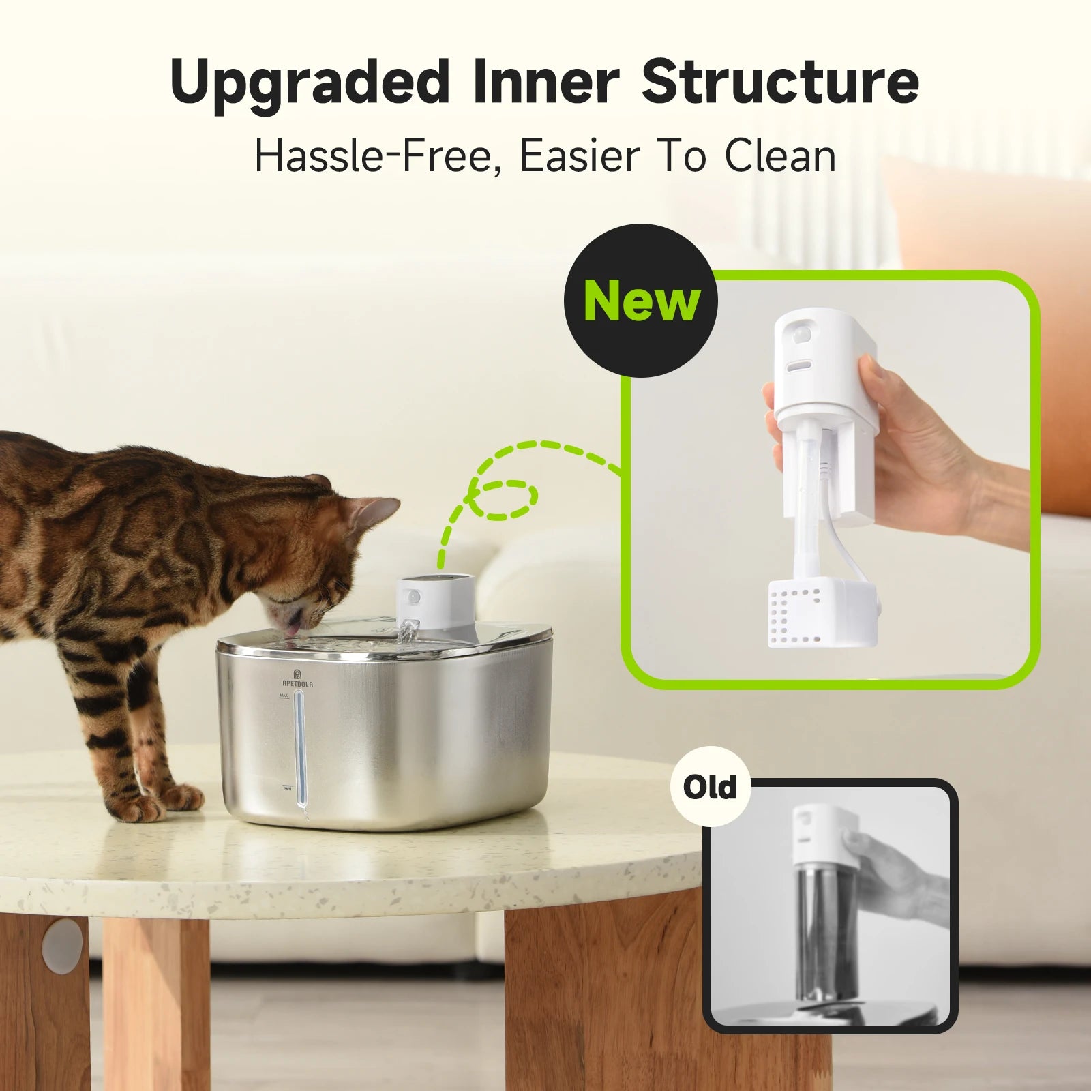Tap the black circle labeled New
point(641,301)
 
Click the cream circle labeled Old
point(710,787)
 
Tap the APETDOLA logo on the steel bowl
point(297,678)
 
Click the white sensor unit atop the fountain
point(436,600)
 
